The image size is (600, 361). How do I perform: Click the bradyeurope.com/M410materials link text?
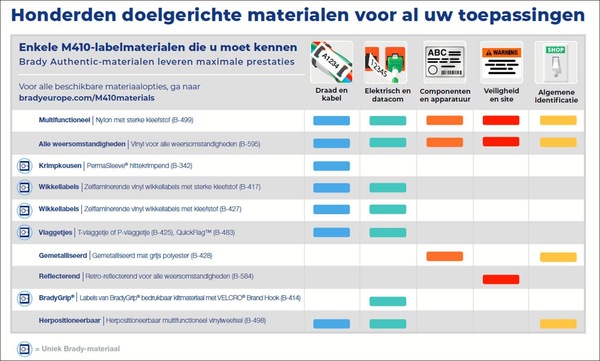click(x=87, y=98)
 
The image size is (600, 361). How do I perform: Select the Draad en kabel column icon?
click(x=331, y=62)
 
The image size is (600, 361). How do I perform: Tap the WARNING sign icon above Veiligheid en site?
click(x=501, y=62)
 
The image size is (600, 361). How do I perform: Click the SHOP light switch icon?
click(x=555, y=62)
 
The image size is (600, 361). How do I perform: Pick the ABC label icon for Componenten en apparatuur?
click(x=444, y=62)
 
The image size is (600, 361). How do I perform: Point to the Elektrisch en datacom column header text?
click(x=387, y=95)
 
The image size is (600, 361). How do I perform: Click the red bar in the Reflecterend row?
click(x=501, y=279)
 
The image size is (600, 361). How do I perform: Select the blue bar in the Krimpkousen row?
click(x=331, y=166)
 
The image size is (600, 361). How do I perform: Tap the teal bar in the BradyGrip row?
click(x=387, y=301)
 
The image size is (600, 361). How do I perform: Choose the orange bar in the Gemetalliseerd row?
click(x=444, y=256)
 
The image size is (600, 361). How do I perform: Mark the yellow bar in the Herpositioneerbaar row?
click(x=558, y=324)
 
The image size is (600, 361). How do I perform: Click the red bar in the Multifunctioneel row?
click(x=501, y=120)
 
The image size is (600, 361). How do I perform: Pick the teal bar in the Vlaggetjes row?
click(x=387, y=232)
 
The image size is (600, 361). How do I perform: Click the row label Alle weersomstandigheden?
click(x=82, y=144)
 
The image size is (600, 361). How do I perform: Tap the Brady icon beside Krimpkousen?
click(x=24, y=166)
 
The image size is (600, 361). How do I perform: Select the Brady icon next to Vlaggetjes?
click(x=24, y=232)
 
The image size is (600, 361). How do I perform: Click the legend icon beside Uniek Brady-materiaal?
click(x=24, y=349)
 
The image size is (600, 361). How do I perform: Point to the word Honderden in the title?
click(x=63, y=15)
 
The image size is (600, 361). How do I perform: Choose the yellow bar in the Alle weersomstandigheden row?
click(x=558, y=142)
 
